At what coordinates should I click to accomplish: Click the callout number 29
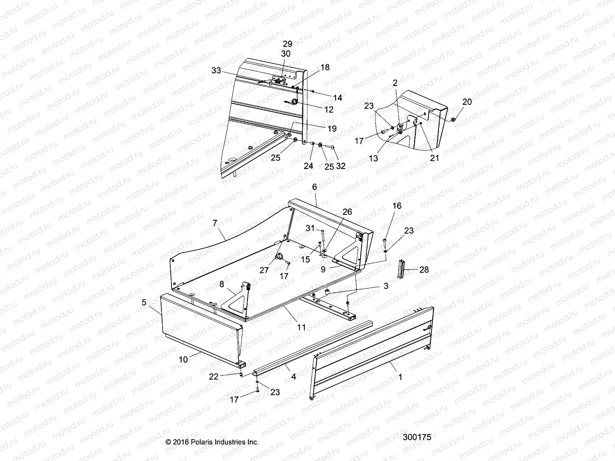coord(288,44)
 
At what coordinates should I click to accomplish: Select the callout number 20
coord(467,102)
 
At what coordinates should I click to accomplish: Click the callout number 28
coord(424,270)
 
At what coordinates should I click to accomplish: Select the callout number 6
coord(314,187)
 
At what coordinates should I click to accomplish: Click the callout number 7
coord(215,222)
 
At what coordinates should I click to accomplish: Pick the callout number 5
coord(144,302)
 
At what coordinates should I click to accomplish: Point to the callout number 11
coord(302,327)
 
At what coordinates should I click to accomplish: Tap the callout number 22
coord(213,377)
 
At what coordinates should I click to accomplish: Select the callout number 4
coord(294,377)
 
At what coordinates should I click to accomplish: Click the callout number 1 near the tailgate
coord(400,377)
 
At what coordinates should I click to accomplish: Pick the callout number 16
coord(397,206)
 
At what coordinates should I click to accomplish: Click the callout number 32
coord(341,166)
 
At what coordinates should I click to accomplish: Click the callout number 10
coord(183,360)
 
